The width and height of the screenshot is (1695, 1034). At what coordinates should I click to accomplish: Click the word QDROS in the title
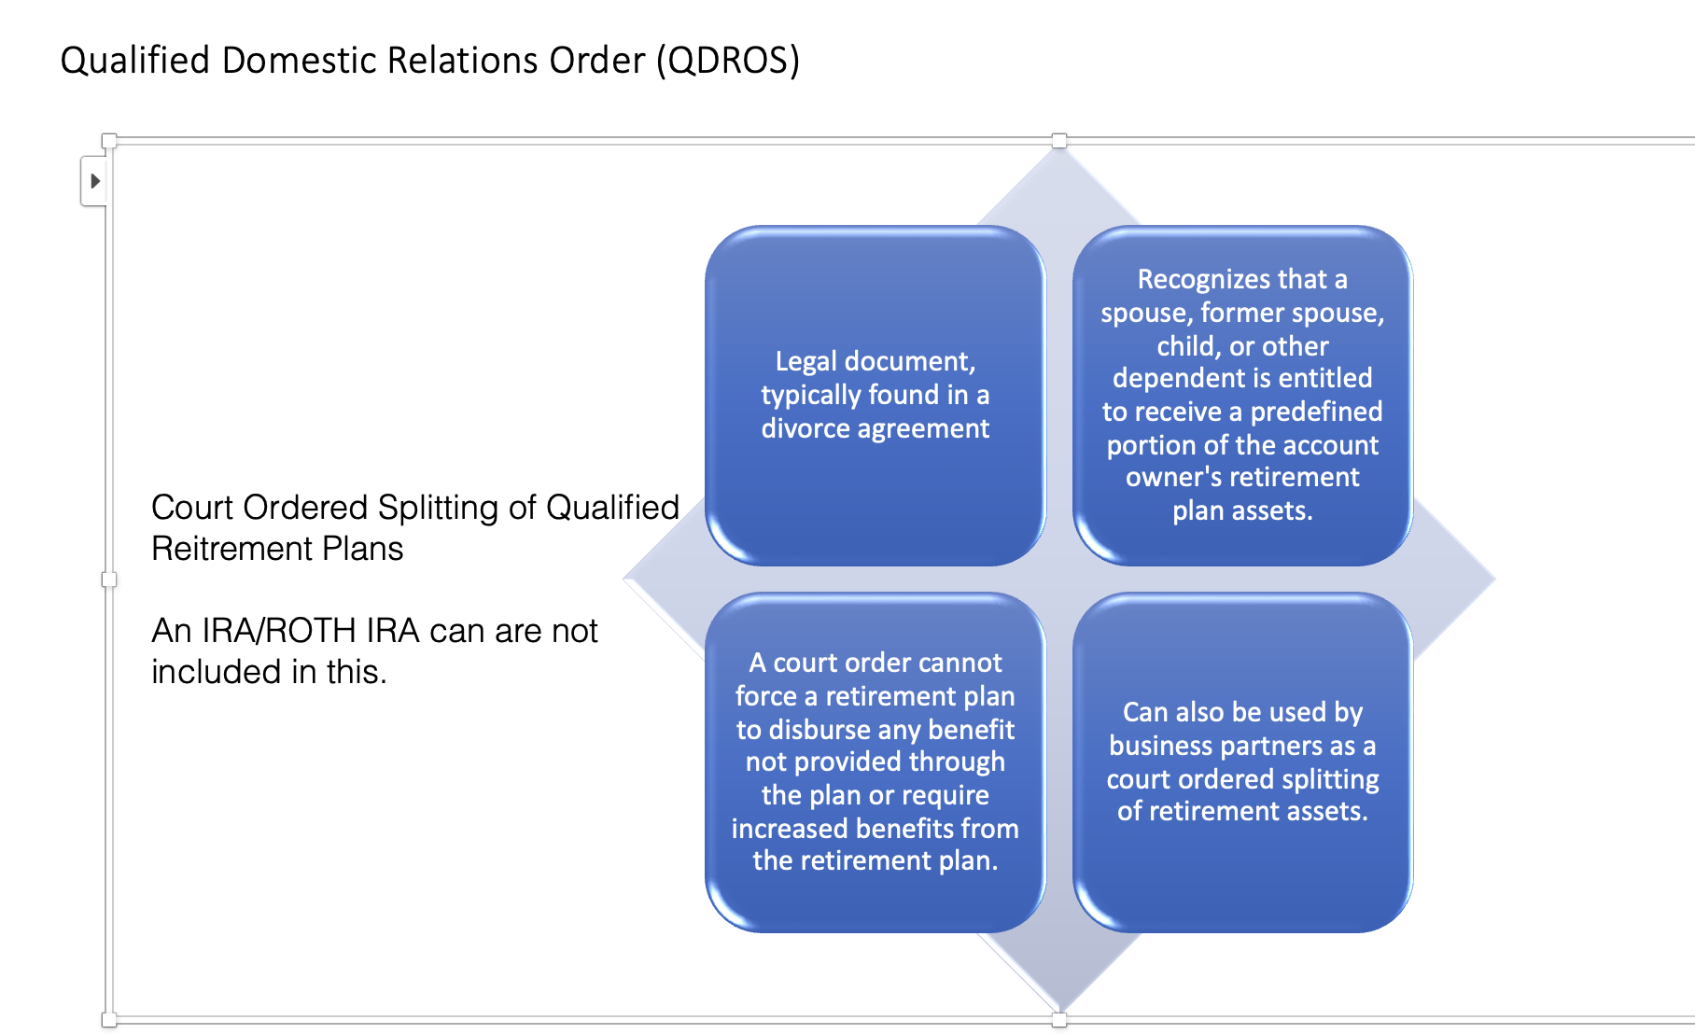point(728,61)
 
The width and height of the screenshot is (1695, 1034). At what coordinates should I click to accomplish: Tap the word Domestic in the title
point(298,61)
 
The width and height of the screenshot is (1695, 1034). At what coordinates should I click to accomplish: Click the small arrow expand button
point(93,181)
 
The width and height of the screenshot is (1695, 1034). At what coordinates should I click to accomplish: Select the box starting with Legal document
point(875,395)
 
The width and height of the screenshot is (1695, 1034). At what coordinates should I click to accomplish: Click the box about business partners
point(1242,762)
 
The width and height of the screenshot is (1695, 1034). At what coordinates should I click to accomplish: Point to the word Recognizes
point(1204,279)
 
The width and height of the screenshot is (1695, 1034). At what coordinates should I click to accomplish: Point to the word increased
point(790,829)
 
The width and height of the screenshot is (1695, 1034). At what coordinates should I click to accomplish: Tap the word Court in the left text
point(192,508)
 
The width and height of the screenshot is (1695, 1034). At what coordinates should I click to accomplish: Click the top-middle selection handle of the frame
point(1059,141)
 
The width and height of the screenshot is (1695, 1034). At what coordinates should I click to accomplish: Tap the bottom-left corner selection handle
point(109,1020)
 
